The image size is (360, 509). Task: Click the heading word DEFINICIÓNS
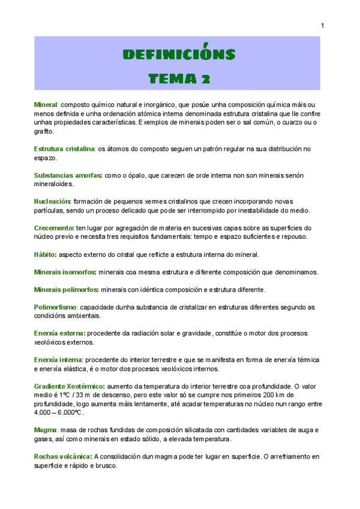tap(179, 55)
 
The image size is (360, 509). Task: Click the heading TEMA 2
tap(179, 78)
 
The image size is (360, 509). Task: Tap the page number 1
tap(323, 25)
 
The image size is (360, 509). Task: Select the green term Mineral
tap(46, 105)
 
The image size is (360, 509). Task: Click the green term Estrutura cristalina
tap(64, 148)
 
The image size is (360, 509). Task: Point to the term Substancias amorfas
tap(68, 175)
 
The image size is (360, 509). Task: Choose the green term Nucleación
tap(52, 202)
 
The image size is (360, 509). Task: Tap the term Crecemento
tap(54, 228)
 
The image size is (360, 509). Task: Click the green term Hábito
tap(46, 254)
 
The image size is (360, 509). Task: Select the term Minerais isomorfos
tap(65, 272)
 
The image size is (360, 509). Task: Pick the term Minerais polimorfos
tap(66, 290)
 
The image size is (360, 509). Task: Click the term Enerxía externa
tap(59, 333)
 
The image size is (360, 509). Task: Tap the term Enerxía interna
tap(58, 360)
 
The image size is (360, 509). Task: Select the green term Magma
tap(45, 430)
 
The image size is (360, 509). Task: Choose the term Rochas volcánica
tap(63, 456)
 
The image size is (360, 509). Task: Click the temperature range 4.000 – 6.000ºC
tap(59, 412)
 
